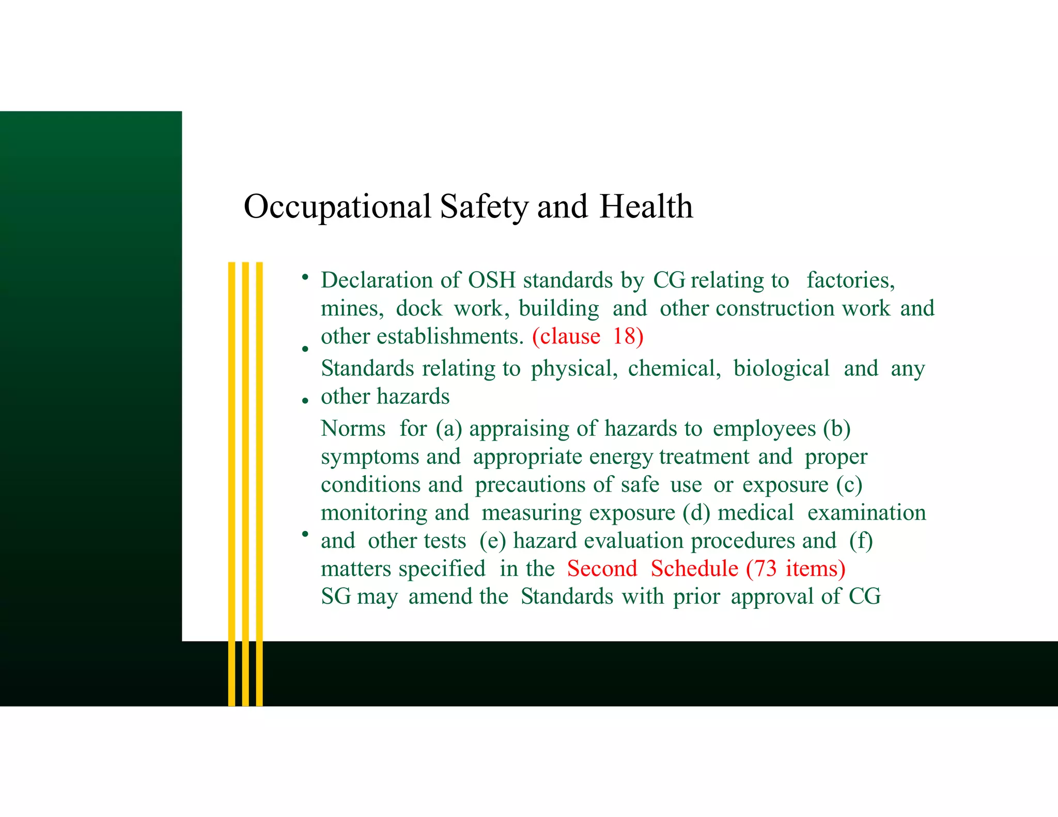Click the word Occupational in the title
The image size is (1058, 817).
337,207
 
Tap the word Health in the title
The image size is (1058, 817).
646,207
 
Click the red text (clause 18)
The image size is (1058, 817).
588,337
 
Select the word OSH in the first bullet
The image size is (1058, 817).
491,280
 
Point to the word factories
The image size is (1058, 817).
850,280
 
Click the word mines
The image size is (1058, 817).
352,309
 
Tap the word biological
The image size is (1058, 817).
781,369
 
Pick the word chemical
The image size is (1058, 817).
674,369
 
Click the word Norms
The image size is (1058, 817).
353,429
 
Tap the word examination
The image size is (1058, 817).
866,513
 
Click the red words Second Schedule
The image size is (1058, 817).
652,569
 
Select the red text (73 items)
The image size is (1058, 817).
796,569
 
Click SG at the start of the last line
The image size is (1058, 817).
336,596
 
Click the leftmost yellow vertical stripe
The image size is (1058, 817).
231,465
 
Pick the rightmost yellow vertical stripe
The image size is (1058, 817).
259,465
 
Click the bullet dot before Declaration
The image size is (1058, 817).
305,277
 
